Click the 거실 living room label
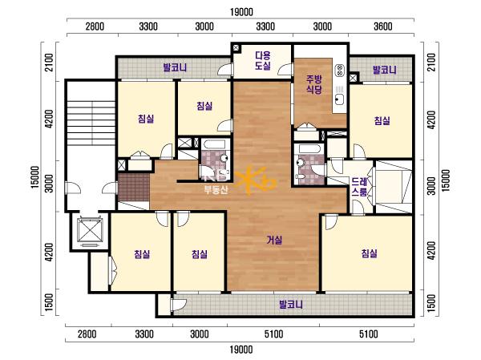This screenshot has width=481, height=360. click(274, 240)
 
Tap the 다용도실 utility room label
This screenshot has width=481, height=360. click(263, 60)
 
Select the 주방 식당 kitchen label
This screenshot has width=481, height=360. click(314, 85)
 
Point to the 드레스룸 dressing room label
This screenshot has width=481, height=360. click(359, 187)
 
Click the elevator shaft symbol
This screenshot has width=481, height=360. click(89, 231)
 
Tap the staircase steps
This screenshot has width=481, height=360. click(91, 123)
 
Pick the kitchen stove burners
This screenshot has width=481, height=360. click(339, 71)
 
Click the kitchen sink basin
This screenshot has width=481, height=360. click(340, 99)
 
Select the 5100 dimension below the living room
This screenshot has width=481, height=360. click(273, 334)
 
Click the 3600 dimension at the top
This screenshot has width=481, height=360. click(383, 26)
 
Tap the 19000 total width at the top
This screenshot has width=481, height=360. click(242, 12)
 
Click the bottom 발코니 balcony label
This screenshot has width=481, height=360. click(291, 305)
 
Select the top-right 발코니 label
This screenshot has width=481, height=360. click(385, 70)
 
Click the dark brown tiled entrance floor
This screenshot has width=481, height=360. click(134, 187)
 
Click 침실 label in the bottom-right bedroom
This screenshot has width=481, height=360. click(369, 253)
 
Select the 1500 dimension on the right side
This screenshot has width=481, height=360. click(431, 303)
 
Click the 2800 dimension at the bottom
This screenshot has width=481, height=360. click(87, 334)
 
